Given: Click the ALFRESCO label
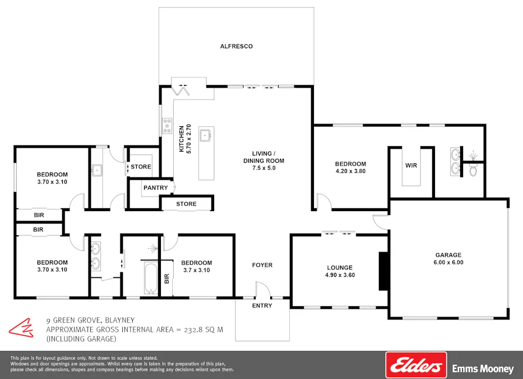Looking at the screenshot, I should click(236, 46).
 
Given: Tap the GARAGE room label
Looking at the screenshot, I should click(448, 255).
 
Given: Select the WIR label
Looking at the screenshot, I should click(411, 166).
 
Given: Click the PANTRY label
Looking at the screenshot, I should click(155, 188).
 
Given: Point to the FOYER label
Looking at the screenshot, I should click(262, 265).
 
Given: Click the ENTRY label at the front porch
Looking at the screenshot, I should click(262, 306).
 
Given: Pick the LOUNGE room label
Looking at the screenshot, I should click(340, 268).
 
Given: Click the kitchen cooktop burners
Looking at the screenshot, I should click(167, 126).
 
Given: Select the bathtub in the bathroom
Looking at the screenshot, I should click(150, 277).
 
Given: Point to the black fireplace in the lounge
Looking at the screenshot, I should click(384, 271).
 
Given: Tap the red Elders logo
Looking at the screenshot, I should click(416, 366).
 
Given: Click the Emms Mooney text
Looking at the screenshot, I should click(483, 369).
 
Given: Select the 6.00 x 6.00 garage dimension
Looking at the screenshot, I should click(448, 262).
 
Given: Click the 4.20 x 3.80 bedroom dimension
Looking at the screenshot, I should click(350, 171).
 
